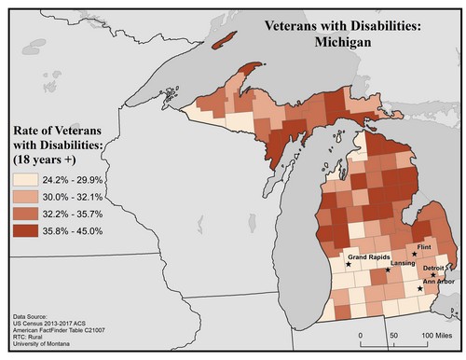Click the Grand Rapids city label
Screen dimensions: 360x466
(x=369, y=256)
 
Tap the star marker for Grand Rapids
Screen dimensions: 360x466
(x=349, y=265)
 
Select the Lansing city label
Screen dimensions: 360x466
(x=403, y=264)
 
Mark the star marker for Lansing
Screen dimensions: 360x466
(x=388, y=271)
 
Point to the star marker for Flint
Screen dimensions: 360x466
(x=414, y=254)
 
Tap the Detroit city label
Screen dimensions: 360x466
(x=434, y=267)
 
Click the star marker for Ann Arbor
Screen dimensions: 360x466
(x=420, y=289)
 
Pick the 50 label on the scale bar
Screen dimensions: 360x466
(x=393, y=334)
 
